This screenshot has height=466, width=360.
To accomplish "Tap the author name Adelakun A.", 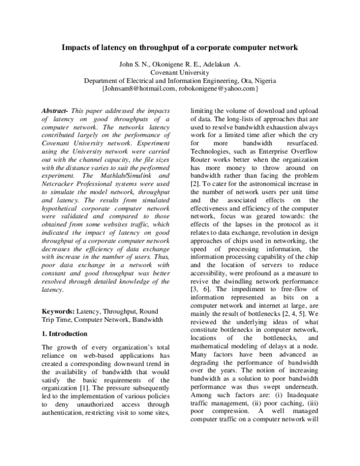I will pos(223,64).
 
